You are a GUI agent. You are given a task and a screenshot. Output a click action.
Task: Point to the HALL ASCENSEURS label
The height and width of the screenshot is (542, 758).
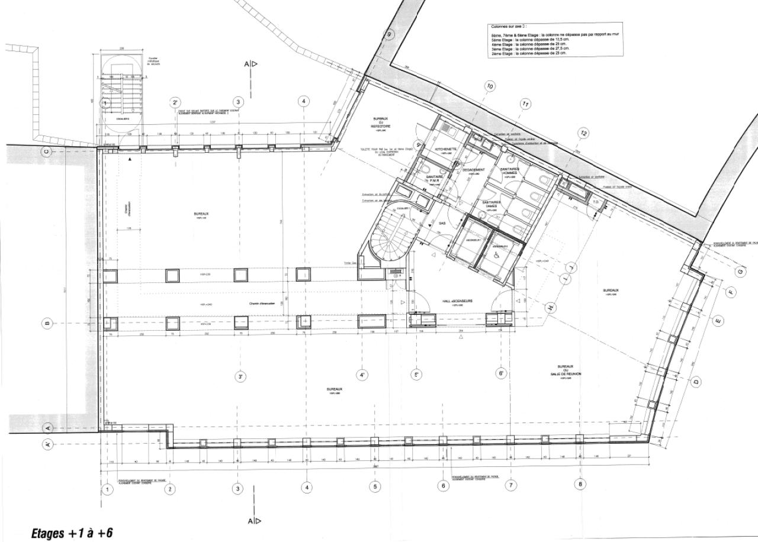(457, 301)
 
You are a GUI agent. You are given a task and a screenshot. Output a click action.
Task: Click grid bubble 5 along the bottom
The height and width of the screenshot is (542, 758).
(375, 486)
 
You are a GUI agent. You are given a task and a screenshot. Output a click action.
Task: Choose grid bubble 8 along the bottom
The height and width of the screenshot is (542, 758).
(580, 484)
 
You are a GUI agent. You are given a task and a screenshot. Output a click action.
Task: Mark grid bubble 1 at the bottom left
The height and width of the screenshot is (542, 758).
(107, 489)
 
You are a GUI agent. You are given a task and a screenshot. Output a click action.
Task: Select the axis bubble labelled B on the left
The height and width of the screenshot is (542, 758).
(49, 323)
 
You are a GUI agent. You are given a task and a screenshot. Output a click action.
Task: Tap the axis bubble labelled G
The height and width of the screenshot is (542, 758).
(740, 271)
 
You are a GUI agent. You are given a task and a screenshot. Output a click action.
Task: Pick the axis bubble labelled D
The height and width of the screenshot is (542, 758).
(696, 382)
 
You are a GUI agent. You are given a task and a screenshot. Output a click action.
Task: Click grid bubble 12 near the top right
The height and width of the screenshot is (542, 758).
(583, 133)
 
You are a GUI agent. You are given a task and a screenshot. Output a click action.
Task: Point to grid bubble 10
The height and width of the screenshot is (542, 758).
(490, 86)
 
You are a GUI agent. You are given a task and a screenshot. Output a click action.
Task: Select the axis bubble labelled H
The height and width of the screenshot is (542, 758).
(550, 308)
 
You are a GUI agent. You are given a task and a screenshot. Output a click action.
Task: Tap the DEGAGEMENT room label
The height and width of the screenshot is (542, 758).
(474, 170)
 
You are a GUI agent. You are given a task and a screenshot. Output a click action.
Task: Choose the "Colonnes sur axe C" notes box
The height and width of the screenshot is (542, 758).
(555, 40)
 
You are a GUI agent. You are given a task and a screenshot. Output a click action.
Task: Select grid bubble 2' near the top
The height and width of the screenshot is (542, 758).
(175, 102)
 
